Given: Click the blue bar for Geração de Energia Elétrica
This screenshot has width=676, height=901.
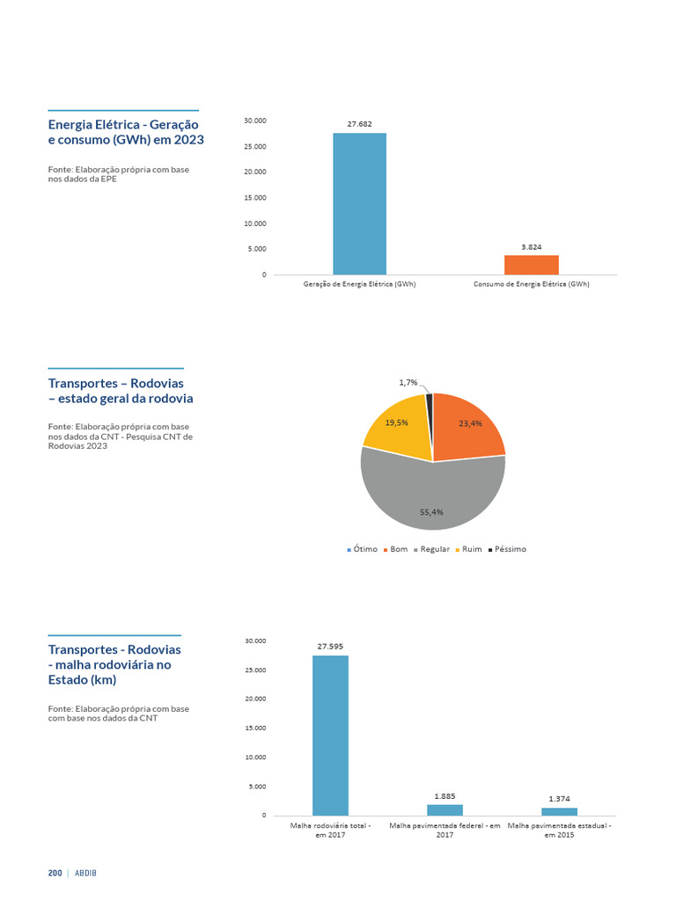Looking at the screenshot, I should pyautogui.click(x=359, y=203).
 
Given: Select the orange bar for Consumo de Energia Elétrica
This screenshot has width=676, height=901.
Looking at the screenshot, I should pyautogui.click(x=531, y=265).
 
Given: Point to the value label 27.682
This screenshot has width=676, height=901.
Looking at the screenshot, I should pyautogui.click(x=359, y=124).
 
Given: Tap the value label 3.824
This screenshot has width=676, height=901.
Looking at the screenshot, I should pyautogui.click(x=531, y=247).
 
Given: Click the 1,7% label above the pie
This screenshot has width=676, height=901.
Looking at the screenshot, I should pyautogui.click(x=408, y=383).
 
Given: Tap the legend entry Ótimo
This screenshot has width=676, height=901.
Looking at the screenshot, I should pyautogui.click(x=362, y=549).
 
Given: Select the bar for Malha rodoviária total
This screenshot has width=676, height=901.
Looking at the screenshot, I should pyautogui.click(x=330, y=735).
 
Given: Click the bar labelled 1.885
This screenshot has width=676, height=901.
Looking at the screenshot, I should pyautogui.click(x=445, y=809).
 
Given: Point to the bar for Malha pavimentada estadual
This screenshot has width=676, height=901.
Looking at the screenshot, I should pyautogui.click(x=559, y=811).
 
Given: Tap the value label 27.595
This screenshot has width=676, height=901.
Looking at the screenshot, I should pyautogui.click(x=330, y=646).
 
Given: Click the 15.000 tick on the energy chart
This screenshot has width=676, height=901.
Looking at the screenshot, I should pyautogui.click(x=254, y=197).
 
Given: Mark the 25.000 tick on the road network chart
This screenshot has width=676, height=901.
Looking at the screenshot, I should pyautogui.click(x=254, y=670).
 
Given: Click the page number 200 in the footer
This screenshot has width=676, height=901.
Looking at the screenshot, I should pyautogui.click(x=55, y=873).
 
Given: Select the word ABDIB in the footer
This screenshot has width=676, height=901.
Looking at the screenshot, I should pyautogui.click(x=86, y=873).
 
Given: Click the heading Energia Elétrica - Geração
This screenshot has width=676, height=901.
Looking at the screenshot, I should pyautogui.click(x=124, y=124).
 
